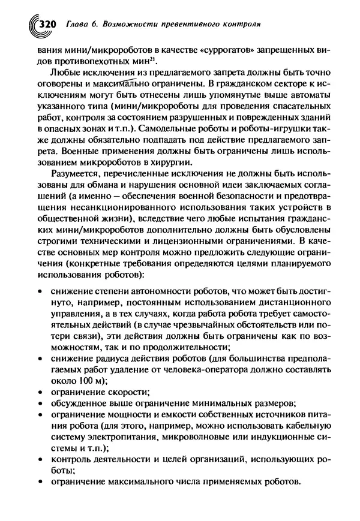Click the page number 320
pyautogui.click(x=46, y=25)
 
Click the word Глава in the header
pyautogui.click(x=75, y=25)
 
